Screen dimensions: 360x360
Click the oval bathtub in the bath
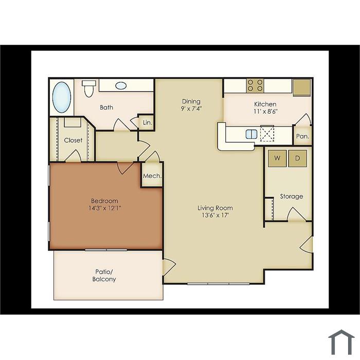coord(62,97)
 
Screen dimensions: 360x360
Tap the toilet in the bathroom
coord(89,88)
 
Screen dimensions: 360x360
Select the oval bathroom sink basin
coord(121,86)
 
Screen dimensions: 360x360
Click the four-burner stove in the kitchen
coord(255,85)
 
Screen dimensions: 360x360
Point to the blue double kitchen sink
coord(251,134)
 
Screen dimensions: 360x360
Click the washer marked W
coord(277,158)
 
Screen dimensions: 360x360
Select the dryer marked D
coord(298,158)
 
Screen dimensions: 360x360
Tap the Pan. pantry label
coord(302,136)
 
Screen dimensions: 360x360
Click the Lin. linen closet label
coord(148,122)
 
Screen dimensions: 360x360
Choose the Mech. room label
coord(152,176)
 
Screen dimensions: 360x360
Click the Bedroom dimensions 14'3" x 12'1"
coord(105,208)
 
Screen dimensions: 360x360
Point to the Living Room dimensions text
coord(215,215)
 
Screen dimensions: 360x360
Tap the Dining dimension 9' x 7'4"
coord(191,109)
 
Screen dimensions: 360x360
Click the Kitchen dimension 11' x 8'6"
coord(266,112)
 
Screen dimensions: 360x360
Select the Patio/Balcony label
coord(104,276)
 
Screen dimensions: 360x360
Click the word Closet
coord(73,140)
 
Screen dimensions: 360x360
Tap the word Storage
coord(292,196)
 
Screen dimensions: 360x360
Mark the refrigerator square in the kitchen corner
coord(302,87)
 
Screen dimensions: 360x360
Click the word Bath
coord(106,107)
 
